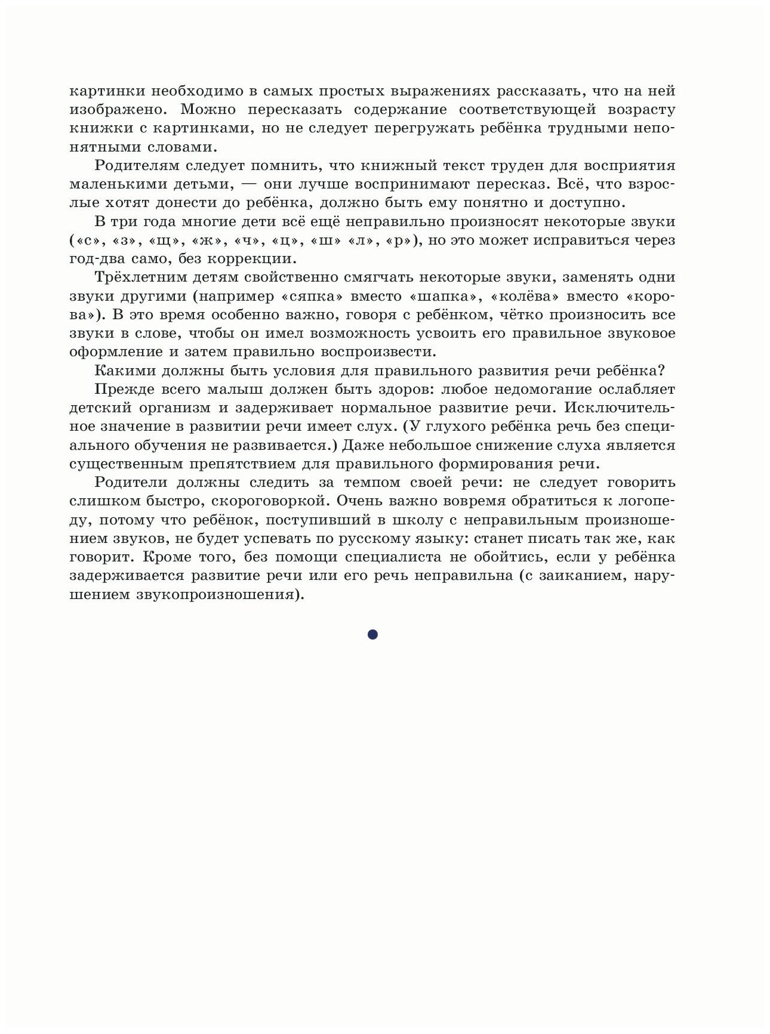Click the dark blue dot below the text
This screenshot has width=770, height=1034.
(372, 635)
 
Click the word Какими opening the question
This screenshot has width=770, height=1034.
(123, 371)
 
